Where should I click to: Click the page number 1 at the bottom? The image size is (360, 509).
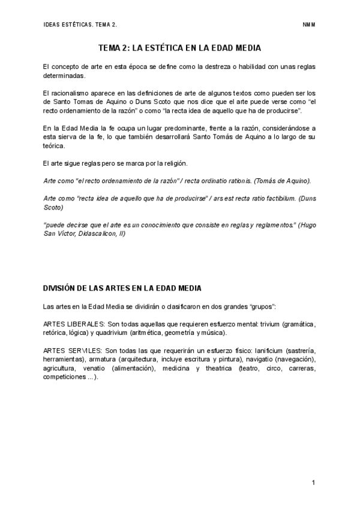coord(314,482)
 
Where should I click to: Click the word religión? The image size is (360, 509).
coord(176,163)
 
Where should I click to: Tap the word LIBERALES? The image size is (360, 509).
coord(84,324)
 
